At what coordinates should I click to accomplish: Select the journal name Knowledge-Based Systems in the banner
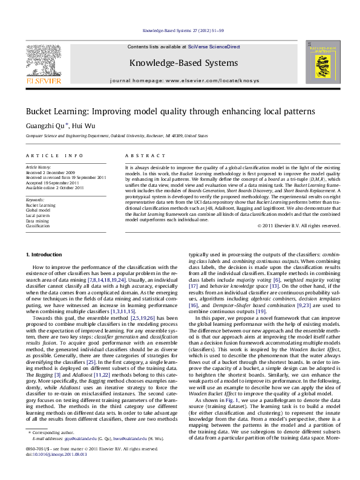[183, 63]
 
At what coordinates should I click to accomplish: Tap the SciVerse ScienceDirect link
[214, 47]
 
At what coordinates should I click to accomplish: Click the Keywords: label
[34, 199]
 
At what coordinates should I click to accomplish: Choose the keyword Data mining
[36, 220]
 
